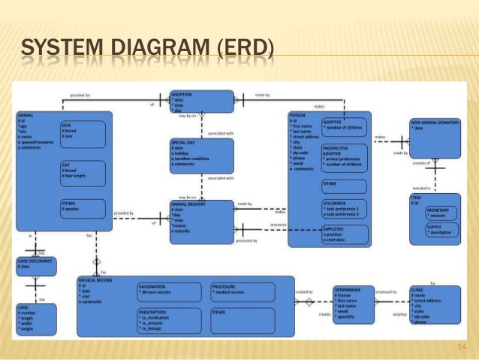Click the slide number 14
coord(462,346)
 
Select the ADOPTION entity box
coord(201,102)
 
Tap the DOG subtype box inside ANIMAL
coord(85,135)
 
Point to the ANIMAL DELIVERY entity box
coord(201,220)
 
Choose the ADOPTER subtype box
coord(344,127)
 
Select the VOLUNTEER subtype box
coord(344,208)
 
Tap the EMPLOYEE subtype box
coord(344,234)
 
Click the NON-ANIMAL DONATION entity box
coord(435,135)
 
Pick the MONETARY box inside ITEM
coord(442,213)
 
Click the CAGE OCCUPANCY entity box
coord(35,264)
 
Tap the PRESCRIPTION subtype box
coord(168,320)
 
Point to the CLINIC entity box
coord(435,304)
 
